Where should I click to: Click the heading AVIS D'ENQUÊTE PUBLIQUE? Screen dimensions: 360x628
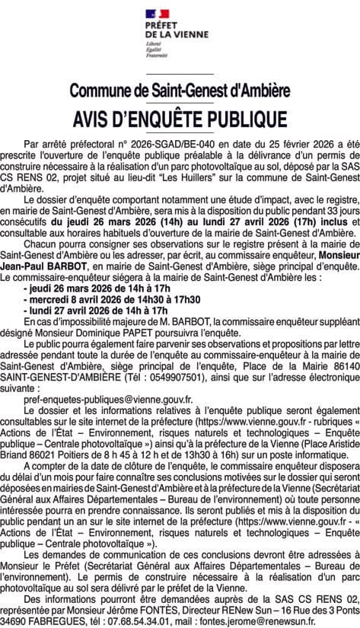[180, 120]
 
